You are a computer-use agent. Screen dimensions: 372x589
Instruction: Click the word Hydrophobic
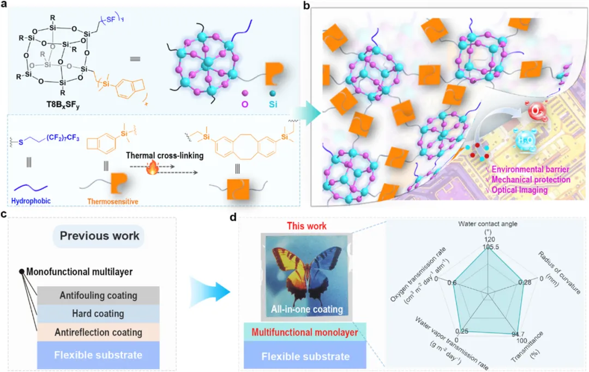click(x=32, y=201)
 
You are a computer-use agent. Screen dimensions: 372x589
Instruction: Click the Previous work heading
click(x=100, y=237)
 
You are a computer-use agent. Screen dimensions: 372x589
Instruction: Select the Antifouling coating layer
click(x=98, y=296)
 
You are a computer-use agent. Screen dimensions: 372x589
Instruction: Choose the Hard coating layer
click(x=98, y=314)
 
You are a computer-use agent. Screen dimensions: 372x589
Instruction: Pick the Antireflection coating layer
click(x=98, y=332)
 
